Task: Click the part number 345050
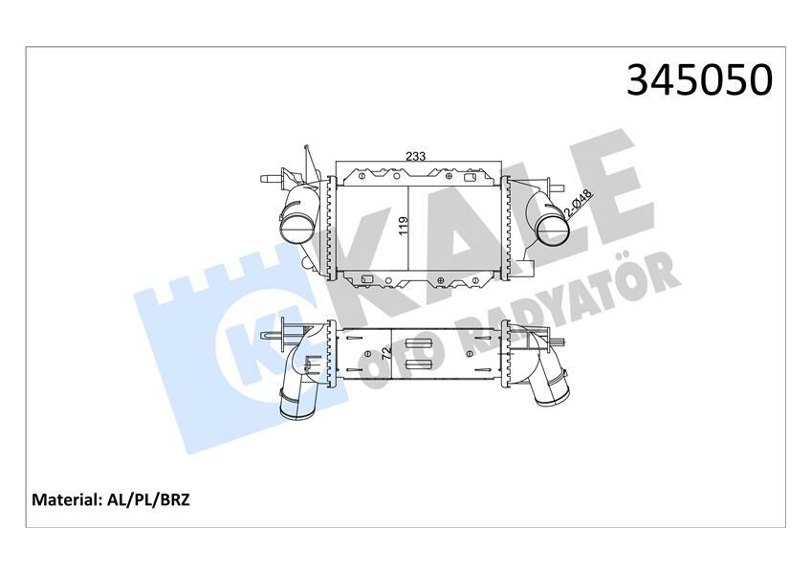(x=698, y=80)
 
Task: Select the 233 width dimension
(x=415, y=156)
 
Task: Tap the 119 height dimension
(x=404, y=227)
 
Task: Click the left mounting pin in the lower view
(x=274, y=336)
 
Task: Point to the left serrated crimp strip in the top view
(x=331, y=227)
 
